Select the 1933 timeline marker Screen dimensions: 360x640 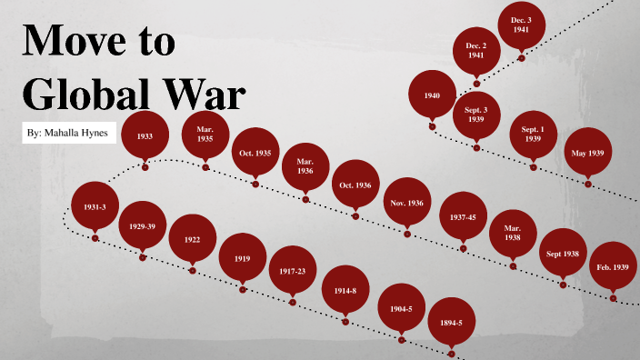point(145,135)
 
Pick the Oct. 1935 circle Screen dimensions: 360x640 point(255,153)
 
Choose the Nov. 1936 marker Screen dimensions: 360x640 point(405,203)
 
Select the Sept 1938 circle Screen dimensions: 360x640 point(563,255)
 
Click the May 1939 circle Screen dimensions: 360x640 point(587,153)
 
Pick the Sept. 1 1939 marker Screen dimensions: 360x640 point(533,135)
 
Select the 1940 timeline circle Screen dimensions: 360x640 point(433,95)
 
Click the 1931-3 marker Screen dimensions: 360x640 point(95,207)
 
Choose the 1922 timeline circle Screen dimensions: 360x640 point(192,239)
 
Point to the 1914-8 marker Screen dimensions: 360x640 point(345,290)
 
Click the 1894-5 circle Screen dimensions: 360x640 point(452,322)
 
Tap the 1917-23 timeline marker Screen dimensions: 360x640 point(293,271)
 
